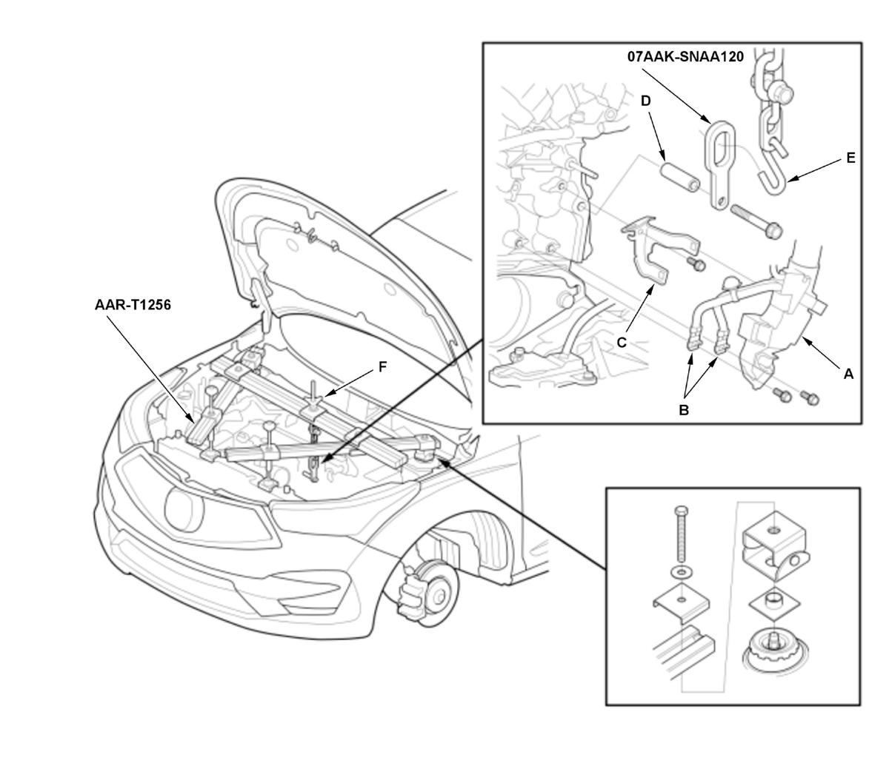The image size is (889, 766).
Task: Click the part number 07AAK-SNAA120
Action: click(x=685, y=57)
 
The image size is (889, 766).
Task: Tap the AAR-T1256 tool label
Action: click(x=133, y=305)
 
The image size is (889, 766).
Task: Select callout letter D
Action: click(x=646, y=101)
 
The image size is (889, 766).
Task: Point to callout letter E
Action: click(x=850, y=158)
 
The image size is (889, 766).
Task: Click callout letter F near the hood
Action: click(x=382, y=367)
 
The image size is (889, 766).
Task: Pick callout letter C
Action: click(x=622, y=343)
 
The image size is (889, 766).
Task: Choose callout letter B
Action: click(x=683, y=410)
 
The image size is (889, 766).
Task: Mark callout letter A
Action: click(x=848, y=374)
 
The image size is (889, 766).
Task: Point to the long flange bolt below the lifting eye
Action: click(x=756, y=222)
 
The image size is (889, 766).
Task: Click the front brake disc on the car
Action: click(x=434, y=594)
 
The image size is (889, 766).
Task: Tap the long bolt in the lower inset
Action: click(x=682, y=534)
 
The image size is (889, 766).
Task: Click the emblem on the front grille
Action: click(x=184, y=508)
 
